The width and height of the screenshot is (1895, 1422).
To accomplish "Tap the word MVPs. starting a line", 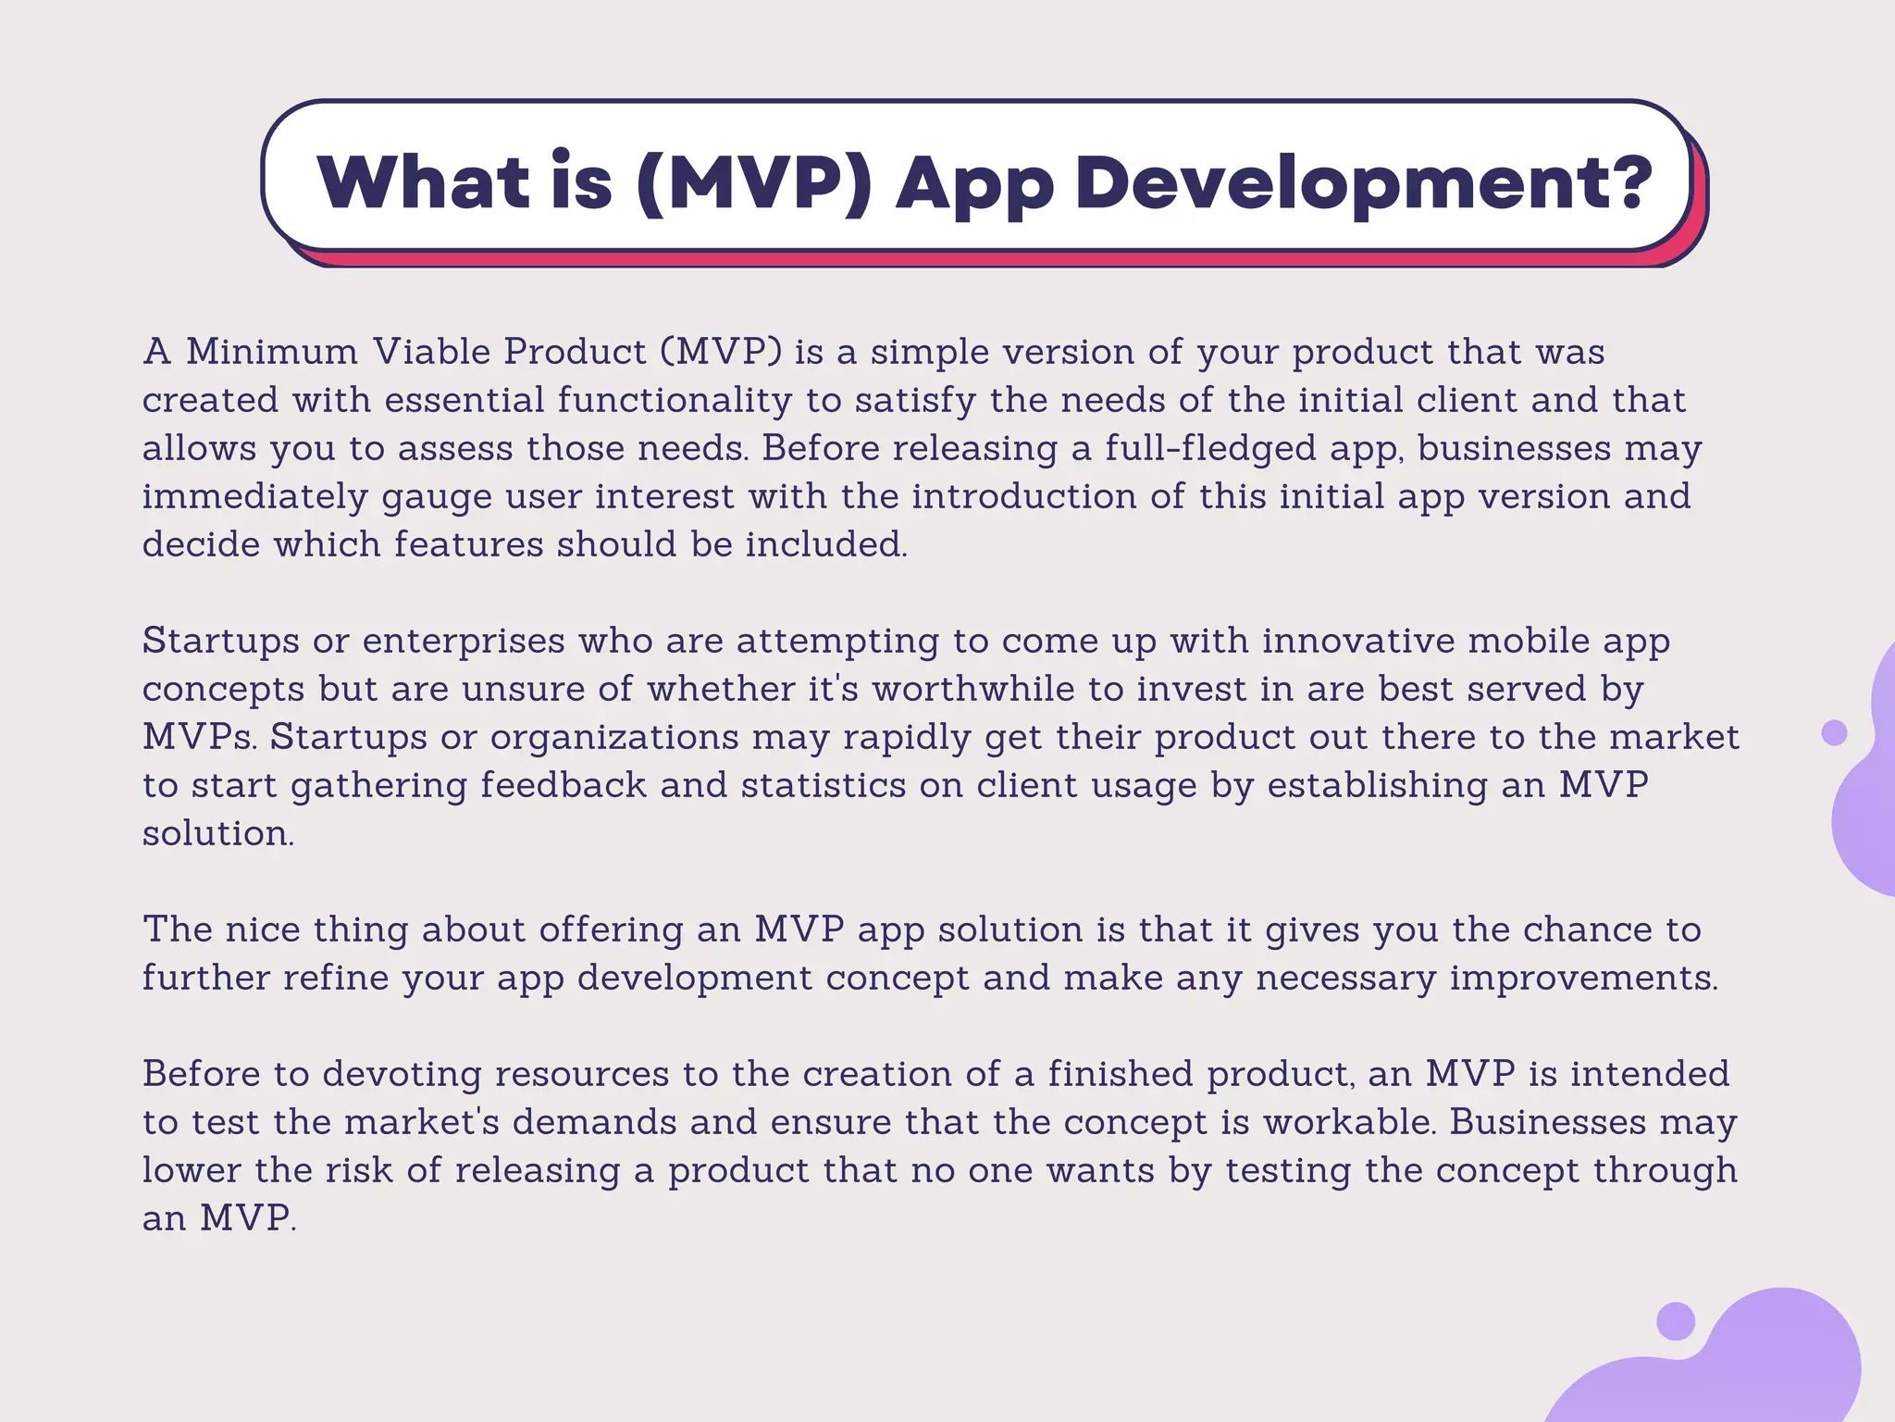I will point(199,737).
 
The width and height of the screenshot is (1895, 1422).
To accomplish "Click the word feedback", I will point(563,785).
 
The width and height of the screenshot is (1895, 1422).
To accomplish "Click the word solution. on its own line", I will point(218,833).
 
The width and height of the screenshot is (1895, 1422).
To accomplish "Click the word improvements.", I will point(1583,978).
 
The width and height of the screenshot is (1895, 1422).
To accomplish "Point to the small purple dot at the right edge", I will point(1834,732).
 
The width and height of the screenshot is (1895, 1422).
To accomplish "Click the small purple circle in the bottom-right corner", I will point(1675,1321).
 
